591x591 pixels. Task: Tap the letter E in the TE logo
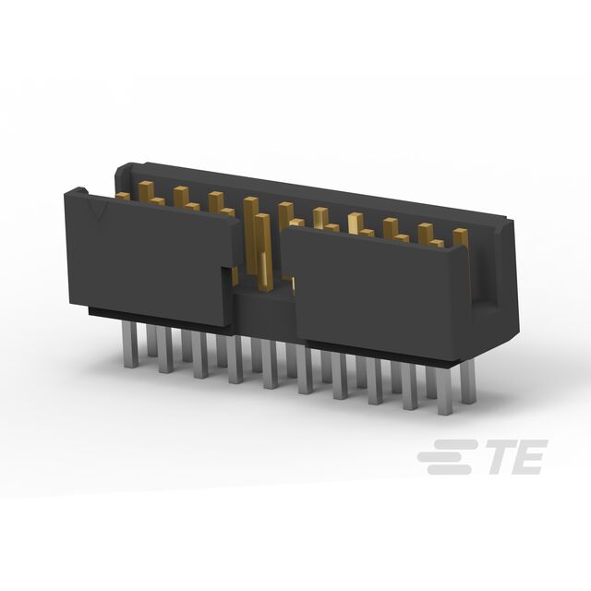click(527, 456)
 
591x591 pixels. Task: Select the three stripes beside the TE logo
click(445, 456)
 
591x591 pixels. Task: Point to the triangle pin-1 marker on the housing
click(100, 212)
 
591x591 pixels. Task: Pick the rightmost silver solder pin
click(468, 380)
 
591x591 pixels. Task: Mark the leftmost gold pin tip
click(123, 196)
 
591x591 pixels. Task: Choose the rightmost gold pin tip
click(461, 237)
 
